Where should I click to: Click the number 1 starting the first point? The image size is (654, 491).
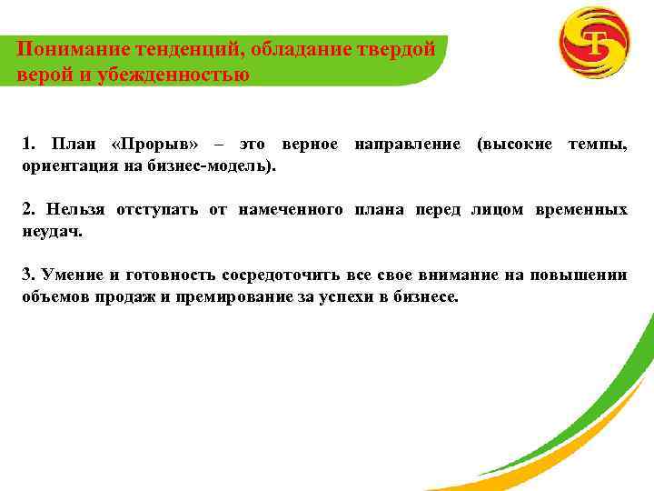pos(27,145)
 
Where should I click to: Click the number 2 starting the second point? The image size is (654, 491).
pos(27,210)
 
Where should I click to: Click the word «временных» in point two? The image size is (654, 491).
pos(581,210)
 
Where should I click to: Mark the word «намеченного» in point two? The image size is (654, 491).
pos(291,210)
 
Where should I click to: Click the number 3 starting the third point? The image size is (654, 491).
pos(27,276)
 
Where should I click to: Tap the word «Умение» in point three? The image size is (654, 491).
pos(71,276)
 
